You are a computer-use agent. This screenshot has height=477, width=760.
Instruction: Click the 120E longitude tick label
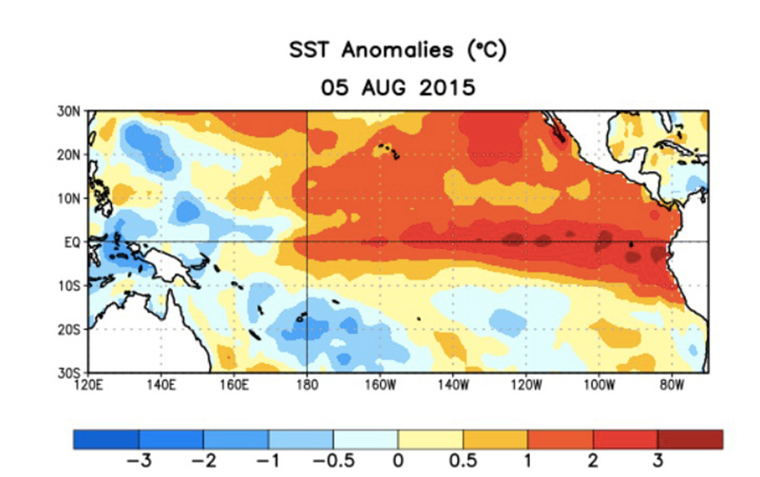88,385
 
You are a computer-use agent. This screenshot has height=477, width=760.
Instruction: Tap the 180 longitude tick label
307,385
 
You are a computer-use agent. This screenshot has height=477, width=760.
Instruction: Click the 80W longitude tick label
671,385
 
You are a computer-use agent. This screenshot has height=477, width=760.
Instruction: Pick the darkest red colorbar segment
691,439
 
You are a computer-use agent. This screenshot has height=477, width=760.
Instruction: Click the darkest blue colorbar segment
105,439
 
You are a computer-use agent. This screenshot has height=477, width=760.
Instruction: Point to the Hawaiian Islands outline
387,151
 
